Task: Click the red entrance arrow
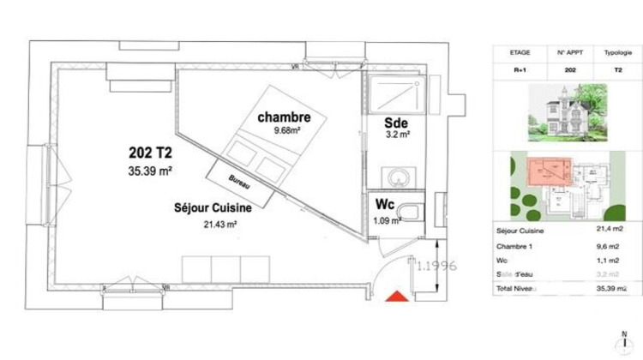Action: point(396,297)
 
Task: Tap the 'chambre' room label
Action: point(284,117)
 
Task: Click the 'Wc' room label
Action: point(382,205)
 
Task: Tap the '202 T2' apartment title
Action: point(151,153)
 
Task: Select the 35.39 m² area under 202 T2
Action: point(151,171)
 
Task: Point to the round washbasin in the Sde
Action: point(396,177)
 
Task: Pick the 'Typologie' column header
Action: point(612,52)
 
